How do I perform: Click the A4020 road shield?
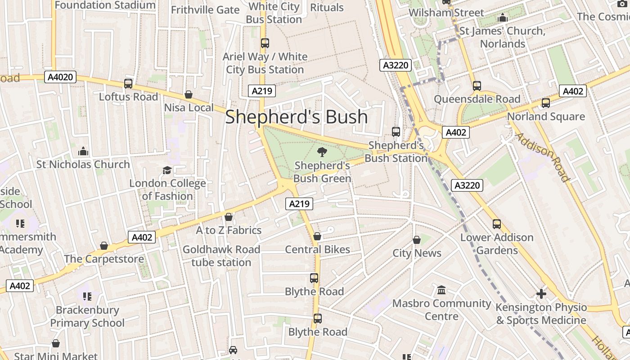coord(60,77)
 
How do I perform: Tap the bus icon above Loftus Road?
coord(128,84)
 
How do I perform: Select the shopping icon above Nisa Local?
coord(189,95)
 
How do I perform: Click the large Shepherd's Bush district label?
coord(296,117)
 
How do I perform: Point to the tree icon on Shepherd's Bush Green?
coord(322,152)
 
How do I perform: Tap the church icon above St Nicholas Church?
coord(83,151)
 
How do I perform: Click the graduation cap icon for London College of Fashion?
coord(167,170)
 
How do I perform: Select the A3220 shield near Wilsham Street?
coord(396,65)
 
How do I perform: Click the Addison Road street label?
coord(542,157)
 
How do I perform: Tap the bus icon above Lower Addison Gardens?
coord(497,224)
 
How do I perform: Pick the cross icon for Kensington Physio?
coord(541,294)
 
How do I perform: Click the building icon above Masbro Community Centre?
coord(441,290)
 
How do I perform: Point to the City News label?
coord(417,253)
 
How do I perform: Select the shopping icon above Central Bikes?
coord(317,236)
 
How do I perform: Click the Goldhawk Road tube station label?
coord(221,256)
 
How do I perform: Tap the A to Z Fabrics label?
coord(229,230)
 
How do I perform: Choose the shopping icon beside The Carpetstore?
coord(104,246)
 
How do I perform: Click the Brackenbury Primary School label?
coord(87,316)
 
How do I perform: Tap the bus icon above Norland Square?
coord(546,103)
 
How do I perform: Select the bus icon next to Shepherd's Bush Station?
coord(396,132)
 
